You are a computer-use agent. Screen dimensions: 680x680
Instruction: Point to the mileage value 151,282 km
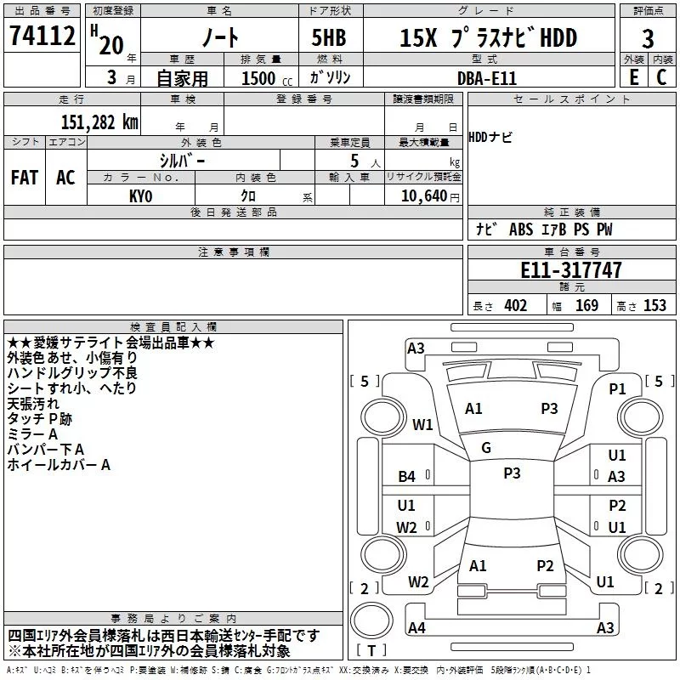pyautogui.click(x=99, y=122)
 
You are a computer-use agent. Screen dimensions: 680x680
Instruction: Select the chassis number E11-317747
pyautogui.click(x=570, y=271)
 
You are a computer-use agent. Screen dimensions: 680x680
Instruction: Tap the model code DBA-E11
pyautogui.click(x=485, y=78)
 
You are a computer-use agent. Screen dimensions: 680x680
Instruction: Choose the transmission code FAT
pyautogui.click(x=25, y=178)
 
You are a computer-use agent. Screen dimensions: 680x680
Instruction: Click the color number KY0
pyautogui.click(x=141, y=195)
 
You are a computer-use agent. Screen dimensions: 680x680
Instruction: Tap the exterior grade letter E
pyautogui.click(x=632, y=77)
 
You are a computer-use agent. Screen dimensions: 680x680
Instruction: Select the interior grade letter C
pyautogui.click(x=661, y=77)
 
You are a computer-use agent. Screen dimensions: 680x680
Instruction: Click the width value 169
pyautogui.click(x=586, y=306)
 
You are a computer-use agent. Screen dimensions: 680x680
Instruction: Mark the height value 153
pyautogui.click(x=654, y=306)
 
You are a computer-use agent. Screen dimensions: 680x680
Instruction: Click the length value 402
pyautogui.click(x=516, y=306)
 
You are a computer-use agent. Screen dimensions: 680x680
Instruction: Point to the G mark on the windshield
pyautogui.click(x=486, y=447)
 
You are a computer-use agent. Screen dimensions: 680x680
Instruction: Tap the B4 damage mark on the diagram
pyautogui.click(x=407, y=477)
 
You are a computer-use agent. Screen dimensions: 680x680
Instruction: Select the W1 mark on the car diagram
pyautogui.click(x=422, y=424)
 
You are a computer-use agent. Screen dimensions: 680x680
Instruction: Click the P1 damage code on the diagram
pyautogui.click(x=617, y=388)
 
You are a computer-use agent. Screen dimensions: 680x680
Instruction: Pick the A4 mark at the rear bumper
pyautogui.click(x=416, y=628)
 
